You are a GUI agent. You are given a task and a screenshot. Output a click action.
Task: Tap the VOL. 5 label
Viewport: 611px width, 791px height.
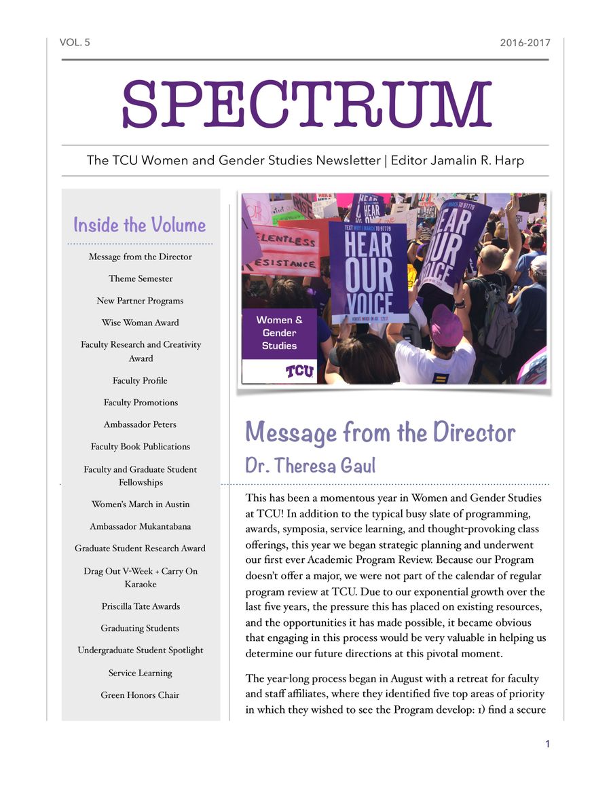[x=75, y=43]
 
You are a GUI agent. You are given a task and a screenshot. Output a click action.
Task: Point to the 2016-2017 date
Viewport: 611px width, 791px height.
[x=525, y=43]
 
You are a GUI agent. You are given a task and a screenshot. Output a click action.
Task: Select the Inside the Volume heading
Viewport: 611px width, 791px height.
[x=139, y=225]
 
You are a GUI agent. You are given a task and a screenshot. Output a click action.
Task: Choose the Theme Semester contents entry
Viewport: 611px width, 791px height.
[x=141, y=278]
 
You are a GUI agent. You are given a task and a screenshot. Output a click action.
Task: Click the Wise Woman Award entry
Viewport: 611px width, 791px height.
[x=141, y=323]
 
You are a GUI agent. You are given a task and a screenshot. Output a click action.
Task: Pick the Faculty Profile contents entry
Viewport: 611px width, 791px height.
[x=141, y=380]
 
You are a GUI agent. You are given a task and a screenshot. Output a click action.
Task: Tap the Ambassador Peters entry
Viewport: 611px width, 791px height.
[x=141, y=424]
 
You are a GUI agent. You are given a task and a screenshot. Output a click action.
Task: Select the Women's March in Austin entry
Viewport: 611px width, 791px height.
[x=141, y=504]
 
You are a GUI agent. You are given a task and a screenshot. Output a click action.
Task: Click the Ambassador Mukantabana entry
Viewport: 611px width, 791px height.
[x=141, y=526]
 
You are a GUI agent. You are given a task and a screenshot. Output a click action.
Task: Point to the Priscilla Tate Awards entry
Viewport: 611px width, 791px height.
[x=141, y=606]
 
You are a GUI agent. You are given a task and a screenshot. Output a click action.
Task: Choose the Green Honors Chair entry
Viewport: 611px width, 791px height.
[x=141, y=695]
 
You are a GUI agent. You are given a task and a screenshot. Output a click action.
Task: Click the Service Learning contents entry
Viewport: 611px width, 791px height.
[x=141, y=673]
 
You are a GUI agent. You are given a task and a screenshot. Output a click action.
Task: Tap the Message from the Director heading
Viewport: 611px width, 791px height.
[x=380, y=432]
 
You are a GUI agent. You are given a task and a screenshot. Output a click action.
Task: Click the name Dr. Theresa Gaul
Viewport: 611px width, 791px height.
[x=310, y=466]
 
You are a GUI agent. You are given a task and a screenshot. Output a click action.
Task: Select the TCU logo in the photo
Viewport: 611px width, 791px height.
[x=299, y=371]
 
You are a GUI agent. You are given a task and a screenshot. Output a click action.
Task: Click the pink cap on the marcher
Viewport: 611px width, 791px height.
[x=445, y=325]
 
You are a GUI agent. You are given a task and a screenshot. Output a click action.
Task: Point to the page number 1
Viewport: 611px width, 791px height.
[x=547, y=744]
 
